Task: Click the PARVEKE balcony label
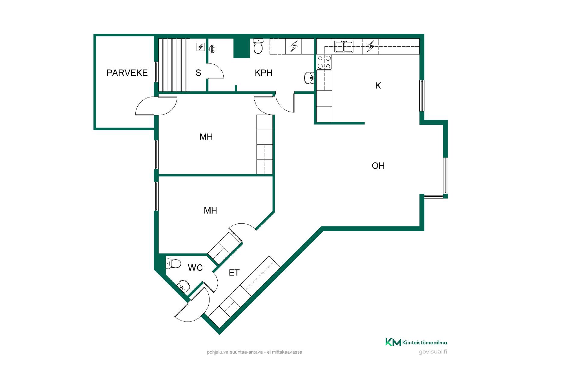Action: tap(127, 73)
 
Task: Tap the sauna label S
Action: tap(198, 73)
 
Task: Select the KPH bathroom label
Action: tap(263, 73)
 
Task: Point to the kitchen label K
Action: tap(378, 86)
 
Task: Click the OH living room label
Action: tap(378, 166)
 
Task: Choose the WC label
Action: tap(195, 268)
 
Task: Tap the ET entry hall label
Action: tap(234, 273)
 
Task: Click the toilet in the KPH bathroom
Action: tap(258, 46)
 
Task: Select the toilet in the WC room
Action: tap(173, 264)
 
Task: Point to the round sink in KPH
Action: tap(309, 78)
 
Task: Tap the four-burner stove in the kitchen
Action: tap(324, 62)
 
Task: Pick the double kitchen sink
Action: tap(344, 46)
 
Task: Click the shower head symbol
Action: tap(212, 49)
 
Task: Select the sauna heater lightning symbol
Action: tap(201, 47)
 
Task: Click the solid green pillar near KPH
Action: tap(241, 48)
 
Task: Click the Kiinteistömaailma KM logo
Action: tap(393, 342)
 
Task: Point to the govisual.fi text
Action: tap(433, 352)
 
